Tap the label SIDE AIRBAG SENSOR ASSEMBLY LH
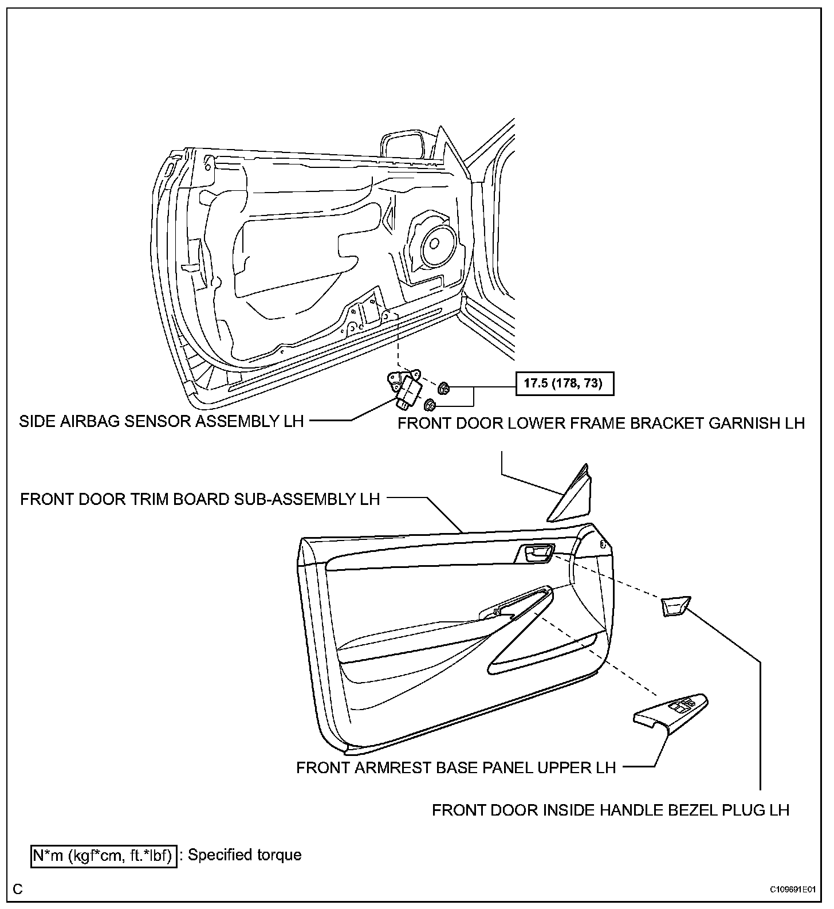pyautogui.click(x=161, y=422)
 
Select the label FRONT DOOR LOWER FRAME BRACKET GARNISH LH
pyautogui.click(x=601, y=424)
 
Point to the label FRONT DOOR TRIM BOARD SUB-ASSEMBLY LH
pyautogui.click(x=200, y=499)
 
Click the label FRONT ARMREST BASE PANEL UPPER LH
pyautogui.click(x=456, y=767)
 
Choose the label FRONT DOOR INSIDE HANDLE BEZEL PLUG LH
pyautogui.click(x=611, y=810)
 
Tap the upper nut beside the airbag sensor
pyautogui.click(x=444, y=389)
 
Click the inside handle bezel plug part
pyautogui.click(x=675, y=606)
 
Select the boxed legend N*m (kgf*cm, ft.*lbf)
pyautogui.click(x=103, y=856)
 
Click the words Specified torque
pyautogui.click(x=245, y=855)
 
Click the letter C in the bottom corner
pyautogui.click(x=18, y=889)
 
